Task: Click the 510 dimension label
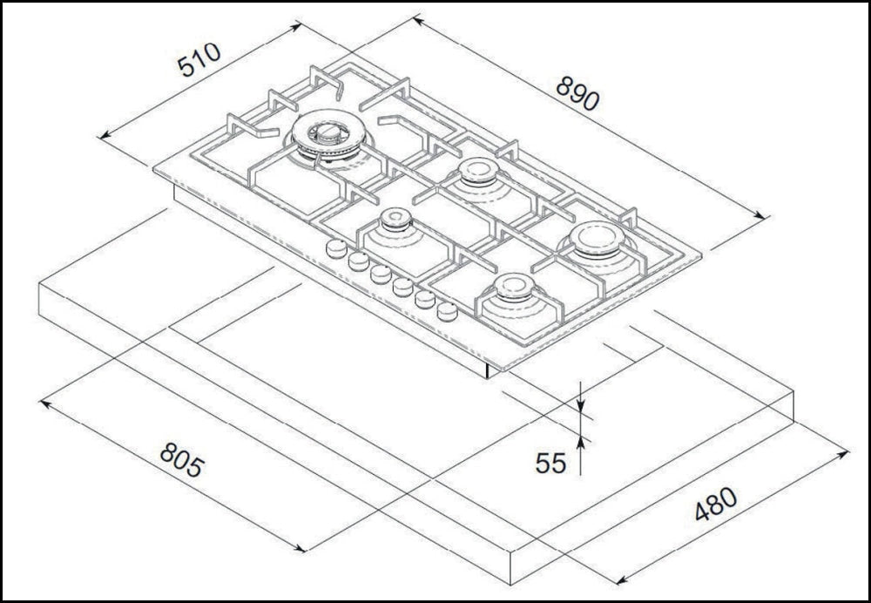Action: tap(199, 59)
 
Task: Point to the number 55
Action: tap(550, 463)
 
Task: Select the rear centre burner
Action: tap(476, 171)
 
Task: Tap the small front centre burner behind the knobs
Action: tap(395, 221)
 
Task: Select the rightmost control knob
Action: tap(447, 311)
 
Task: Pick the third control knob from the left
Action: tap(380, 274)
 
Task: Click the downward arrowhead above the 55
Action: tap(582, 404)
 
